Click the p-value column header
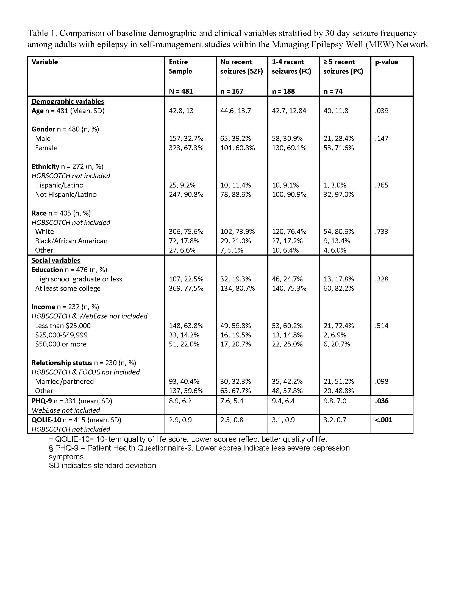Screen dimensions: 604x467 pyautogui.click(x=387, y=62)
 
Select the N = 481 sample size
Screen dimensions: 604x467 pyautogui.click(x=181, y=91)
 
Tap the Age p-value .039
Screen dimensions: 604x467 pyautogui.click(x=382, y=111)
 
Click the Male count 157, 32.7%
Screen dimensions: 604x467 pyautogui.click(x=186, y=139)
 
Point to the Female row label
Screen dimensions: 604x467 pyautogui.click(x=46, y=148)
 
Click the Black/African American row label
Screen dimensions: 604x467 pyautogui.click(x=71, y=241)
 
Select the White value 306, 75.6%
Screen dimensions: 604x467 pyautogui.click(x=186, y=231)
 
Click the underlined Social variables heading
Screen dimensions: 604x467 pyautogui.click(x=55, y=261)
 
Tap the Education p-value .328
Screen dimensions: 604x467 pyautogui.click(x=382, y=279)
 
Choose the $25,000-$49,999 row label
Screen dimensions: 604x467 pyautogui.click(x=61, y=335)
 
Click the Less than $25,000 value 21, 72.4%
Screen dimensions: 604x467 pyautogui.click(x=339, y=326)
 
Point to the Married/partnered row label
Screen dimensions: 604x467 pyautogui.click(x=64, y=382)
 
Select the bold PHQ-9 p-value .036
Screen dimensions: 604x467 pyautogui.click(x=382, y=401)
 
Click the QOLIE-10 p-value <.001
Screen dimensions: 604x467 pyautogui.click(x=383, y=420)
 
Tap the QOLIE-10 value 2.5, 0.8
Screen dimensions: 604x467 pyautogui.click(x=232, y=420)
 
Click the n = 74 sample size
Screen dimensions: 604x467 pyautogui.click(x=333, y=91)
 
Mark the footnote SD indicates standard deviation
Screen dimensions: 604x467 pyautogui.click(x=103, y=466)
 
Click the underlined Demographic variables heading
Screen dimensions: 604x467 pyautogui.click(x=68, y=102)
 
